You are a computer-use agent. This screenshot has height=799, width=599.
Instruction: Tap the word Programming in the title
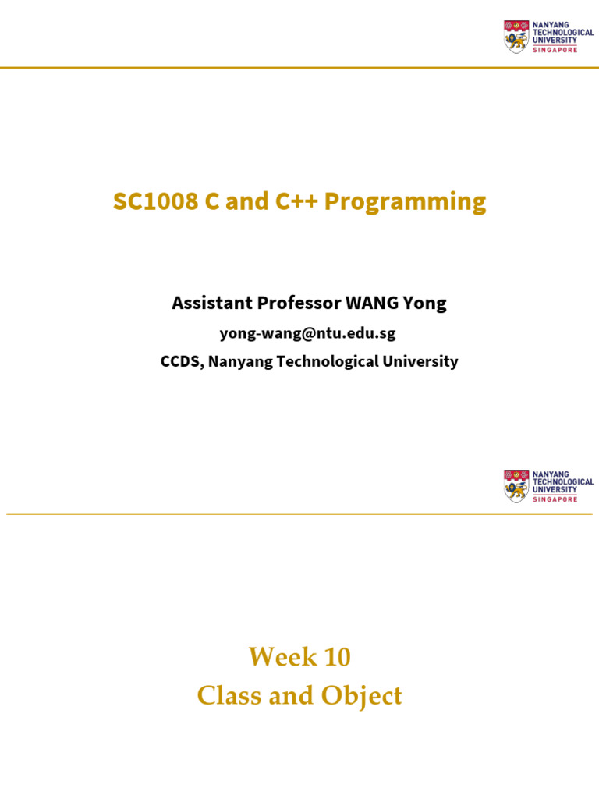[x=405, y=202]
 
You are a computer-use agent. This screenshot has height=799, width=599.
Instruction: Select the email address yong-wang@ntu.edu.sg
[x=307, y=333]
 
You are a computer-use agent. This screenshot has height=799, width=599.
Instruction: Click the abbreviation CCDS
[x=182, y=361]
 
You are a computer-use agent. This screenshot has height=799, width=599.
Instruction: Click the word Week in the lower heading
[x=276, y=658]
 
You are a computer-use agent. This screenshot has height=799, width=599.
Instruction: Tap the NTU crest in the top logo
[x=516, y=36]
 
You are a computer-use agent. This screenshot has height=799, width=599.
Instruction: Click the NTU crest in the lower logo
[x=516, y=485]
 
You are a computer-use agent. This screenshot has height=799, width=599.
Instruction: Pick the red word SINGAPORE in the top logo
[x=555, y=50]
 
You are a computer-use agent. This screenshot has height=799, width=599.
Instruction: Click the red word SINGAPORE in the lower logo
[x=555, y=499]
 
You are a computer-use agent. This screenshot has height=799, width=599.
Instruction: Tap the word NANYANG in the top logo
[x=550, y=24]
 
